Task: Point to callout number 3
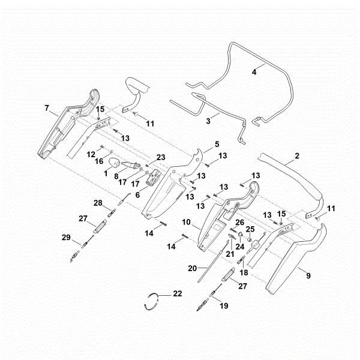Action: point(208,121)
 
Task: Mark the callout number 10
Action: point(187,223)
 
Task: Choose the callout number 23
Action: point(160,158)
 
